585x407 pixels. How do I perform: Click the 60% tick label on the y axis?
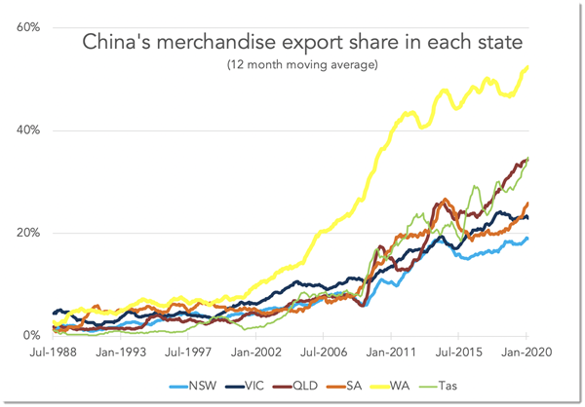pyautogui.click(x=27, y=27)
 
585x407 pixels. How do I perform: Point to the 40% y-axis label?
pyautogui.click(x=27, y=130)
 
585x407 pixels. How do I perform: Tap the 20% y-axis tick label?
pyautogui.click(x=27, y=233)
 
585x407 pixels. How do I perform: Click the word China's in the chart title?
pyautogui.click(x=118, y=43)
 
